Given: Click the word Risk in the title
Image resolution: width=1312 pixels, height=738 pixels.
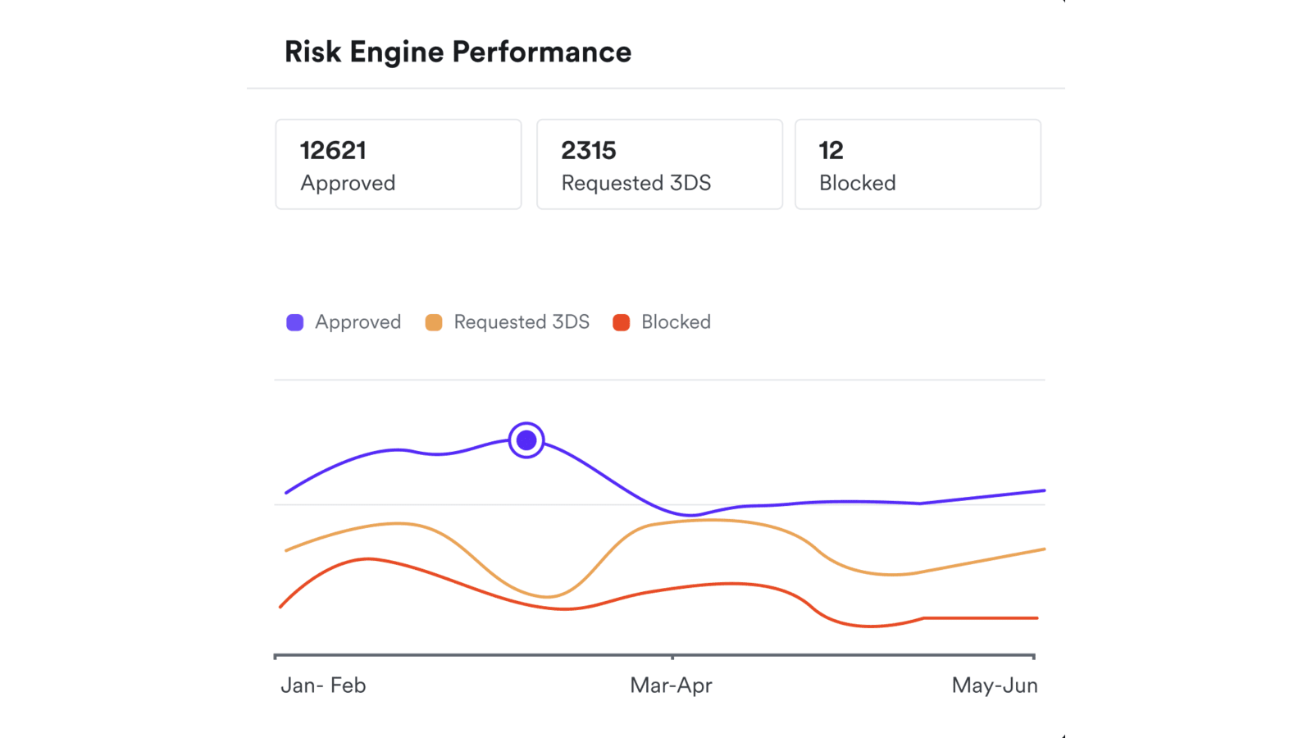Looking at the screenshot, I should click(312, 52).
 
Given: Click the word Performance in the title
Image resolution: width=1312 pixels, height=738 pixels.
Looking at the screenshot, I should click(541, 52).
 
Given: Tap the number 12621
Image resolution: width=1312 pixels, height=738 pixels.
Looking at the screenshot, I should click(333, 150).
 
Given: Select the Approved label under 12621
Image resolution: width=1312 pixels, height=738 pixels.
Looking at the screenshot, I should click(348, 183).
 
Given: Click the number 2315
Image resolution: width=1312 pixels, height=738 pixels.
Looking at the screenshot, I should click(588, 150).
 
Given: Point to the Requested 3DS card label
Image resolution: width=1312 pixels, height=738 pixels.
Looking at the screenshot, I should click(635, 183).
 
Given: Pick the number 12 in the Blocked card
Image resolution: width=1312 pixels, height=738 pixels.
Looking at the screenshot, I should click(831, 150).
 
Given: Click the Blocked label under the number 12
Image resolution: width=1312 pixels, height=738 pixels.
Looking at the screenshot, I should click(857, 183).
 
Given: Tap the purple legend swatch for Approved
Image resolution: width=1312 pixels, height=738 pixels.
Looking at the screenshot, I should click(295, 322).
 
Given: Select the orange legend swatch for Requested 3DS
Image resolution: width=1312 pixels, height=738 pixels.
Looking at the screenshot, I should click(434, 322).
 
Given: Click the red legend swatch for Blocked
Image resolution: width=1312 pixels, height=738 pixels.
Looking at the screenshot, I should click(622, 322).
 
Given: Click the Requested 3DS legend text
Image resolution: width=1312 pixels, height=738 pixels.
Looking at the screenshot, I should click(522, 322).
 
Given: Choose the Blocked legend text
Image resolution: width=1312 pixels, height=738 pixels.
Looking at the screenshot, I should click(676, 322).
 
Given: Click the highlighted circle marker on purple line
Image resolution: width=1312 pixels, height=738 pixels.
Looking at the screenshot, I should click(526, 440).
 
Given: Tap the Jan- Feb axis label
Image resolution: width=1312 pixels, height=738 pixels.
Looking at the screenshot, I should click(323, 686).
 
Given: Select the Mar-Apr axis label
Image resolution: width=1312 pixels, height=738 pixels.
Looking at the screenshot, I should click(671, 686).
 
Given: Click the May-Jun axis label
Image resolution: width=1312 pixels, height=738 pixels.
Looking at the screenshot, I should click(994, 686).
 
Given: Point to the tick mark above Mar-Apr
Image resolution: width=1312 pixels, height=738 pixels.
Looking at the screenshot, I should click(672, 657).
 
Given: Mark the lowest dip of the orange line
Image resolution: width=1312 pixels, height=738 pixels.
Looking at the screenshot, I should click(547, 596).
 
